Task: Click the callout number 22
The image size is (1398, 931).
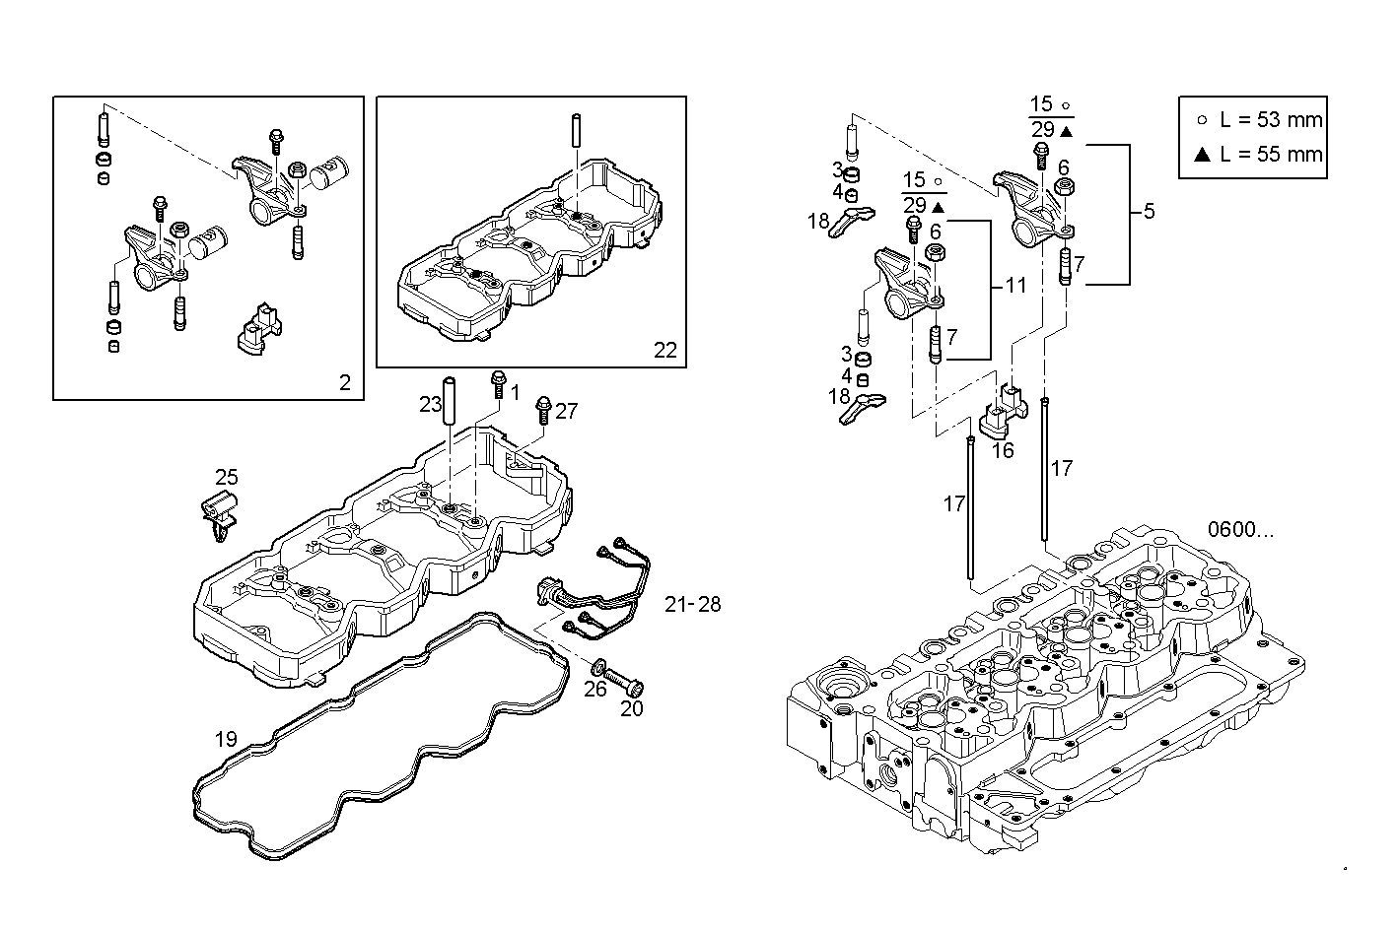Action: point(665,350)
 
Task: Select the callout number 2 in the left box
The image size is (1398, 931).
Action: point(344,383)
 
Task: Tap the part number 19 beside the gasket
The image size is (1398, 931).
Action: point(226,739)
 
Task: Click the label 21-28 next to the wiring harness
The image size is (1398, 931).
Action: point(692,604)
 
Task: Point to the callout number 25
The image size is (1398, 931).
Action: point(227,478)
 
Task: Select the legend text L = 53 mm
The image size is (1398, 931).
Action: point(1271,120)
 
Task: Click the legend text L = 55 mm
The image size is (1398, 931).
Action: point(1271,154)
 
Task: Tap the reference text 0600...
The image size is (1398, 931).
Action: point(1240,530)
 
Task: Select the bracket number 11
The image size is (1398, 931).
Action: point(1015,286)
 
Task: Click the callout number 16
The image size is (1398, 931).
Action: point(1002,450)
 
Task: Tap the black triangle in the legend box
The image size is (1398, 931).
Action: point(1201,154)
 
